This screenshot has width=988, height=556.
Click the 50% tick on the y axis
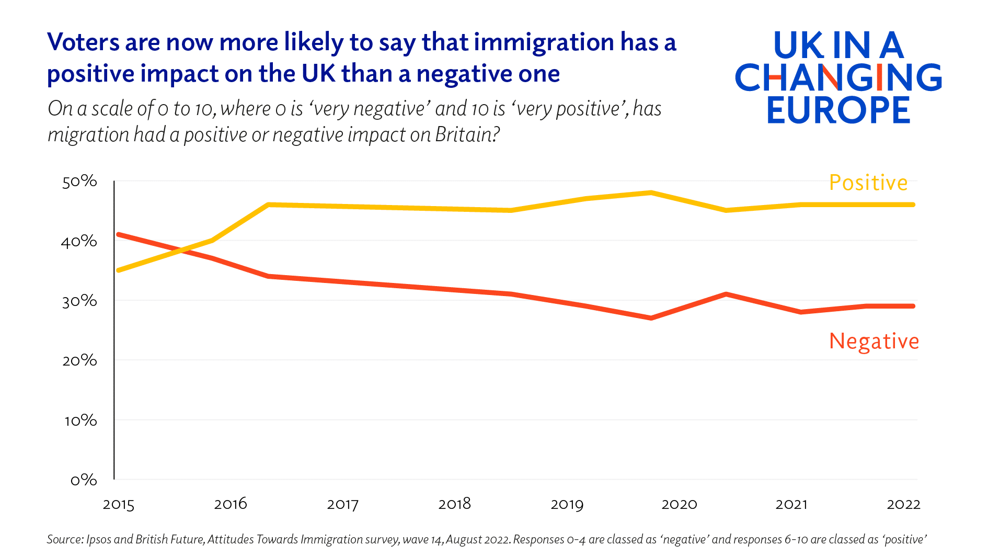[79, 181]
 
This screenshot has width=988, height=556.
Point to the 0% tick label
[84, 480]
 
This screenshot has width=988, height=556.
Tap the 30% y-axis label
[79, 301]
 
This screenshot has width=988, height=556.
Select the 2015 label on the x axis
[119, 505]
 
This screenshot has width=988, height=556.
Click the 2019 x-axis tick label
[567, 505]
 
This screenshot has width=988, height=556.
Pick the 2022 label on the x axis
[903, 504]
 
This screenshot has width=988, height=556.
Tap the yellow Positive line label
[868, 183]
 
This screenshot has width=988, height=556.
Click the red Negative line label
[874, 341]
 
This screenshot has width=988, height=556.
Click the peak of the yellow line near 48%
[651, 192]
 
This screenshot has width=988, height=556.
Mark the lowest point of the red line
[651, 318]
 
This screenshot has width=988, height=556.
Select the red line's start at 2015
[119, 234]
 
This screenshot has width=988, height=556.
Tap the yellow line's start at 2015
[119, 270]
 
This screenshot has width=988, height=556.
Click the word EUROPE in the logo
[838, 110]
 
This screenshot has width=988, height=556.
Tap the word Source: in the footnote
[65, 539]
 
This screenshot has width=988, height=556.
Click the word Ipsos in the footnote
[98, 539]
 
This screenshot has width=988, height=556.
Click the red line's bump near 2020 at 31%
[726, 294]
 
